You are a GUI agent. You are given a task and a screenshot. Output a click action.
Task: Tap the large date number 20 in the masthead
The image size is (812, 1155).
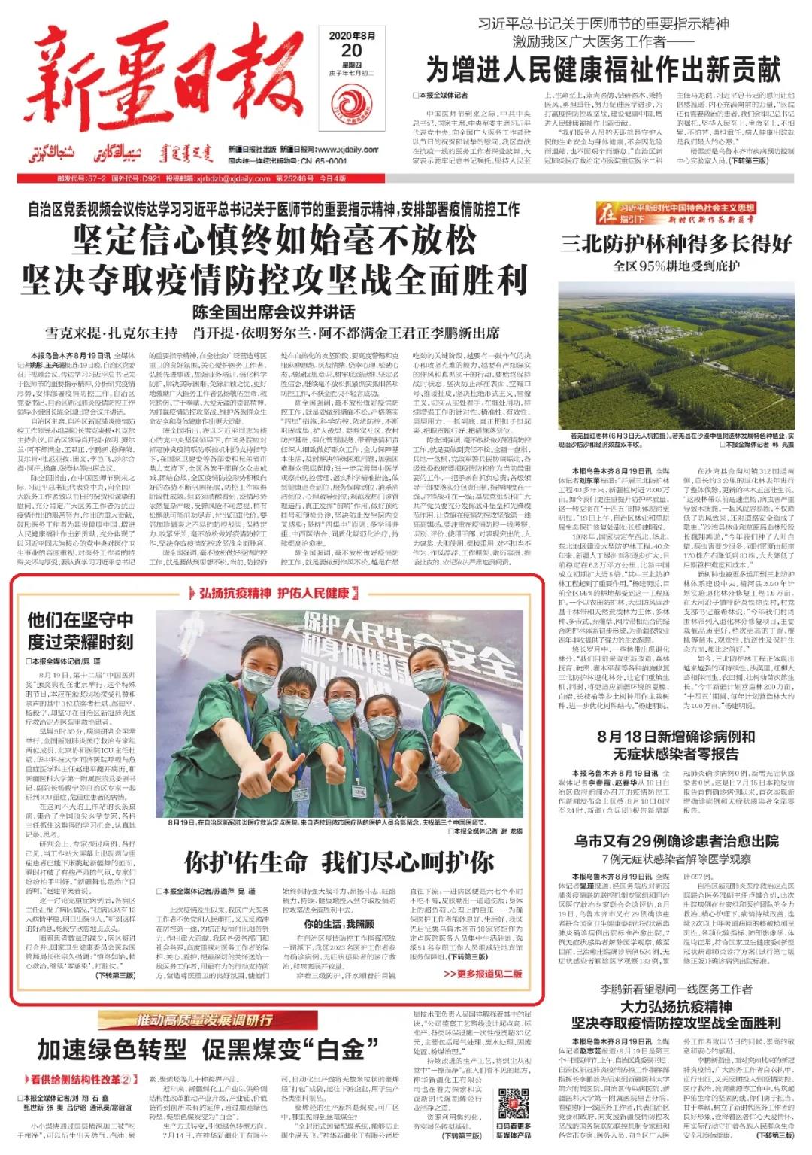pyautogui.click(x=351, y=51)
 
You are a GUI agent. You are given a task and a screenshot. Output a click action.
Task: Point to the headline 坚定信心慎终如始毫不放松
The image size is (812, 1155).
pyautogui.click(x=274, y=242)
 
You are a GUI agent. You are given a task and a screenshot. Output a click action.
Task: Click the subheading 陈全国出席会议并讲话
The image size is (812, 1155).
pyautogui.click(x=274, y=312)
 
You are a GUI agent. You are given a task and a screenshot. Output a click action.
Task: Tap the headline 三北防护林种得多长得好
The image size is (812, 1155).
pyautogui.click(x=676, y=244)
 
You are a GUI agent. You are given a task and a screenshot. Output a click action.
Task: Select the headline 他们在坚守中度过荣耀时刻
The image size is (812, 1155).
pyautogui.click(x=80, y=631)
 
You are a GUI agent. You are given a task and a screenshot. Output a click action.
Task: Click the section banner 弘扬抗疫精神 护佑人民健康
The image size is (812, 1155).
pyautogui.click(x=274, y=594)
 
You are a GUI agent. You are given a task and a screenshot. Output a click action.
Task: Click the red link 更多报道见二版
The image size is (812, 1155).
pyautogui.click(x=481, y=973)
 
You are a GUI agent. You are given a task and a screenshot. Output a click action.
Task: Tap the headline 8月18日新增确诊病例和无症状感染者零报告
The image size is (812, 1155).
pyautogui.click(x=676, y=744)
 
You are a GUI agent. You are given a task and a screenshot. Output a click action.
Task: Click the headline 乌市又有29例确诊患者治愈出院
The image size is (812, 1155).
pyautogui.click(x=676, y=841)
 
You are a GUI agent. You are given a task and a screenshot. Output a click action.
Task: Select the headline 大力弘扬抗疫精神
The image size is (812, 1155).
pyautogui.click(x=676, y=1007)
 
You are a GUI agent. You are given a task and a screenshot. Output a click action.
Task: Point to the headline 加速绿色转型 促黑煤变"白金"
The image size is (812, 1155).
pyautogui.click(x=201, y=1049)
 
